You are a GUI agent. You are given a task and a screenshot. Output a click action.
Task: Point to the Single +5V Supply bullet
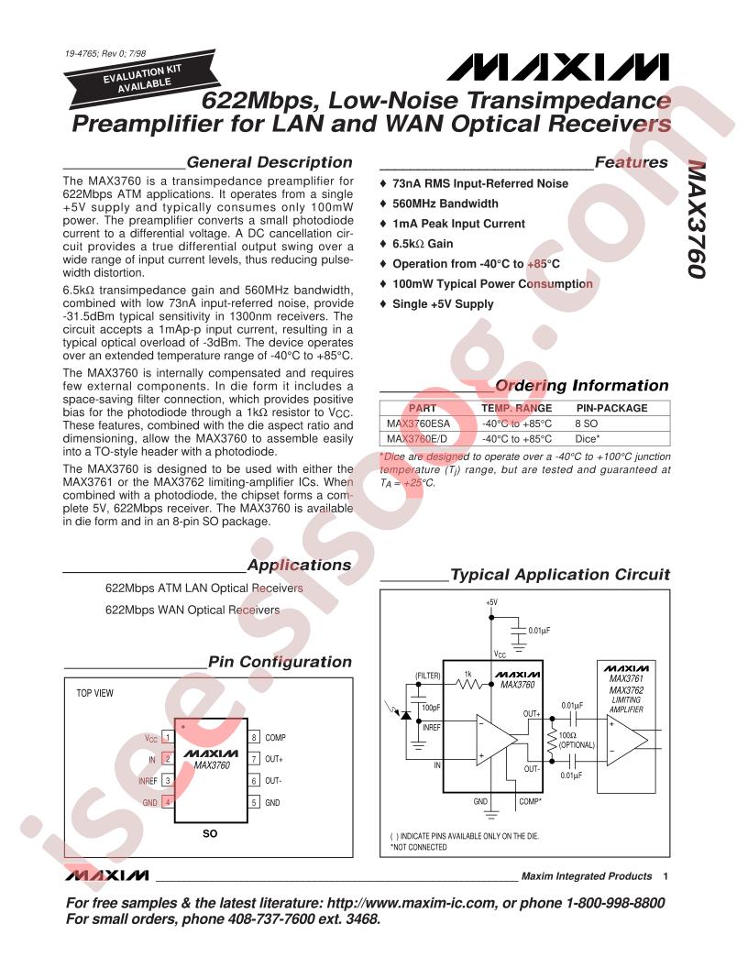coord(442,303)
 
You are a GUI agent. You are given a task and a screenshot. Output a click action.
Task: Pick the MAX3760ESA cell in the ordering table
coord(417,424)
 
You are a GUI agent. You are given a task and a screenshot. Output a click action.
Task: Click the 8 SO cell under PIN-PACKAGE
coord(586,424)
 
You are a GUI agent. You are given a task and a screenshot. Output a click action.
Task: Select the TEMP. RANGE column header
coord(517,408)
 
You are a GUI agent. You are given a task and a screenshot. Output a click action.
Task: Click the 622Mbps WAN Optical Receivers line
coord(192,609)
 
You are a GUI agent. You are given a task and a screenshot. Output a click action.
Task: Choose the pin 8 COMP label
coord(275,737)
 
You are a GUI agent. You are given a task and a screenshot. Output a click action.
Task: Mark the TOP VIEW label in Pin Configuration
coord(95,694)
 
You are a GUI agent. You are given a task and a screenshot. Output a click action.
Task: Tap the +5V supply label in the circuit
coord(492,601)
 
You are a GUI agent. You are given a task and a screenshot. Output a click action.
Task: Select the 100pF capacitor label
coord(431,708)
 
